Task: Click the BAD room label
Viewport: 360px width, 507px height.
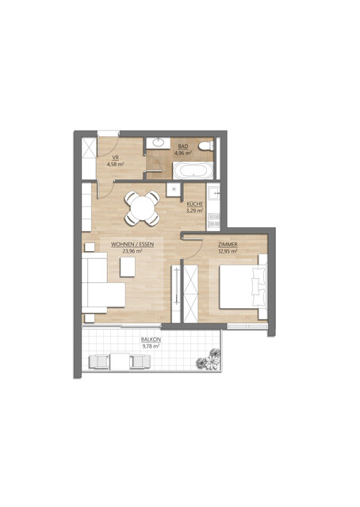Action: pos(182,147)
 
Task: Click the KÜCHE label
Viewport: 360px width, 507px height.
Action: pos(195,204)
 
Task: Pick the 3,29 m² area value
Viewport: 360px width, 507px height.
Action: pos(195,211)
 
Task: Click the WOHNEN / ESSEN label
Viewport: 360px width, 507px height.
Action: pos(132,244)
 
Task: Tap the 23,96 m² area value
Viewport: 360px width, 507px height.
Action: pos(132,250)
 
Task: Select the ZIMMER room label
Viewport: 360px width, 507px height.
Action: pos(228,245)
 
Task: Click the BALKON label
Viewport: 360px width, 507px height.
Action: pos(151,339)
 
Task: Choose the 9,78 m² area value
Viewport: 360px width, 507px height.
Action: pos(151,345)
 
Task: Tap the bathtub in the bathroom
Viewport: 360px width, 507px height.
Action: pos(193,170)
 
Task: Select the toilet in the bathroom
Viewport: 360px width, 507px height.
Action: pos(207,147)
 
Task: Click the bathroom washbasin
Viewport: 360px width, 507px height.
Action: pos(159,143)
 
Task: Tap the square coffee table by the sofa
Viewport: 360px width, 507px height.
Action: pos(128,268)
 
